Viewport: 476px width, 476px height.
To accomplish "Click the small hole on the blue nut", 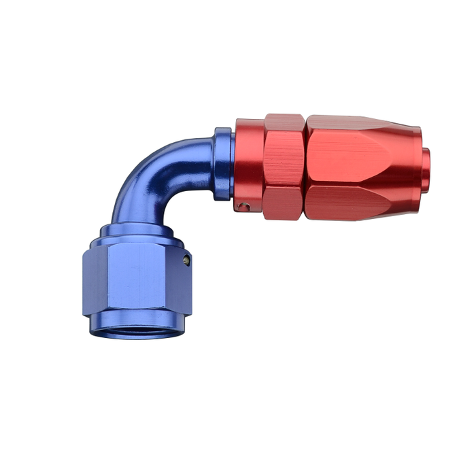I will tap(186, 259).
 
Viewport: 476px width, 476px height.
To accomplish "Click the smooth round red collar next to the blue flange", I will tap(249, 163).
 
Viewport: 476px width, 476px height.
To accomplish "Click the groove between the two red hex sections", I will tap(305, 167).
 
